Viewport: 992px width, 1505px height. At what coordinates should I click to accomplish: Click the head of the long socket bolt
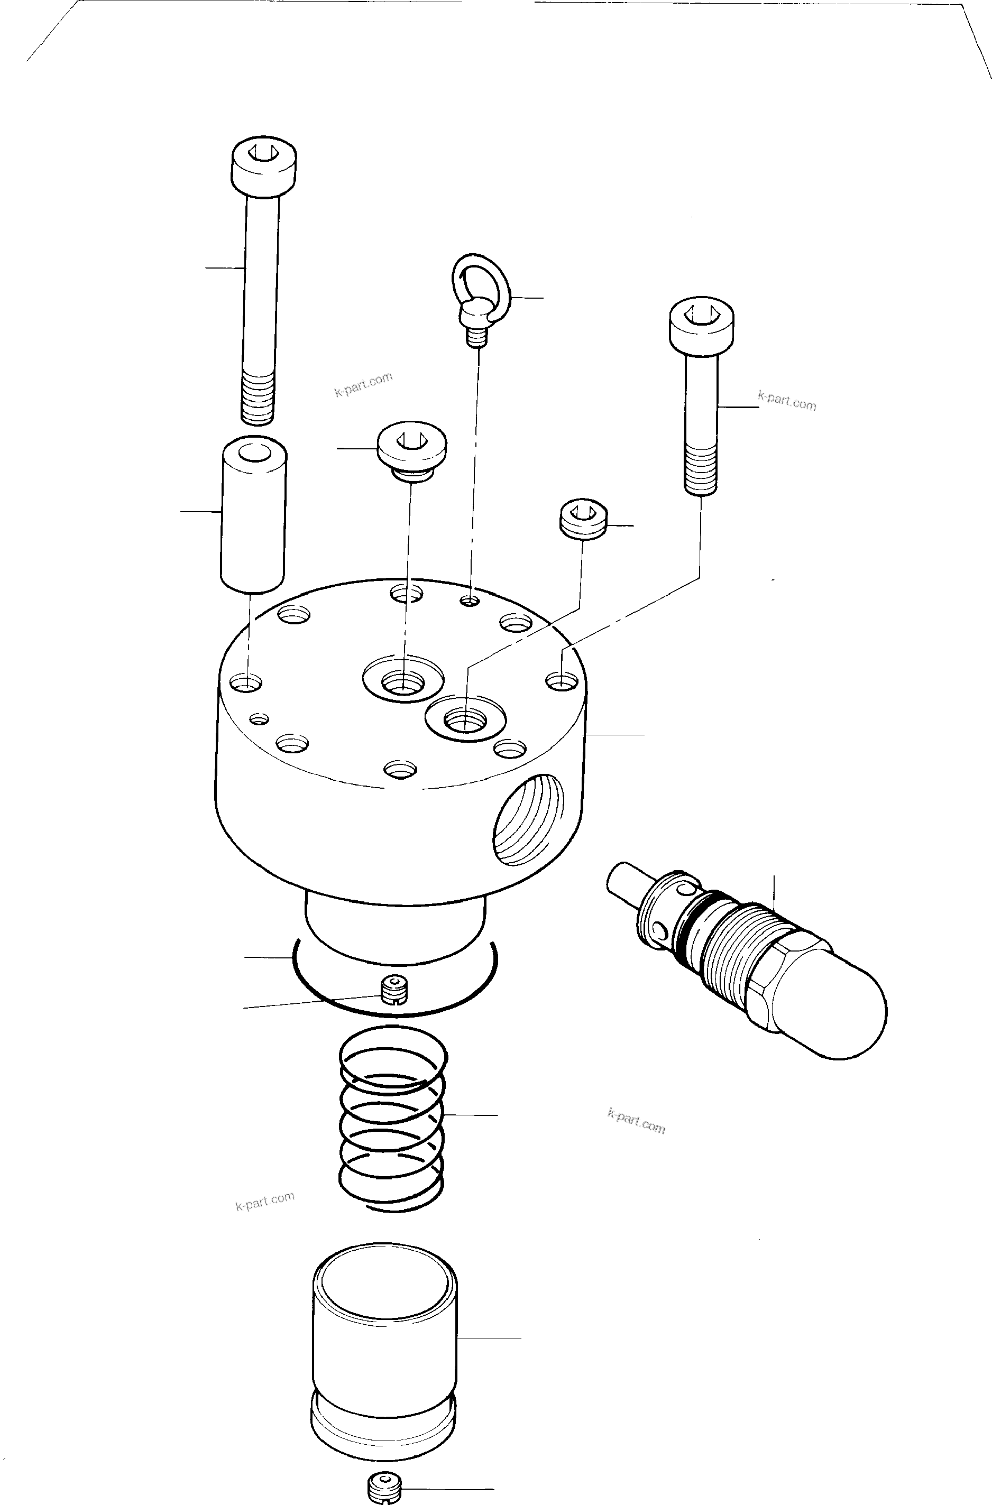tap(264, 165)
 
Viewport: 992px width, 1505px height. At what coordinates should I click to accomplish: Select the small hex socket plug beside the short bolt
tap(583, 519)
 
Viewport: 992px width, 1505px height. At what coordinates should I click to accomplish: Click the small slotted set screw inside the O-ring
tap(394, 990)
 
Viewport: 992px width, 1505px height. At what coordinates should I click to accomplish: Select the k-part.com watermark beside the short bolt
tap(787, 401)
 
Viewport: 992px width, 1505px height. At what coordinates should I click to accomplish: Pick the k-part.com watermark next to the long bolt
tap(363, 384)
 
